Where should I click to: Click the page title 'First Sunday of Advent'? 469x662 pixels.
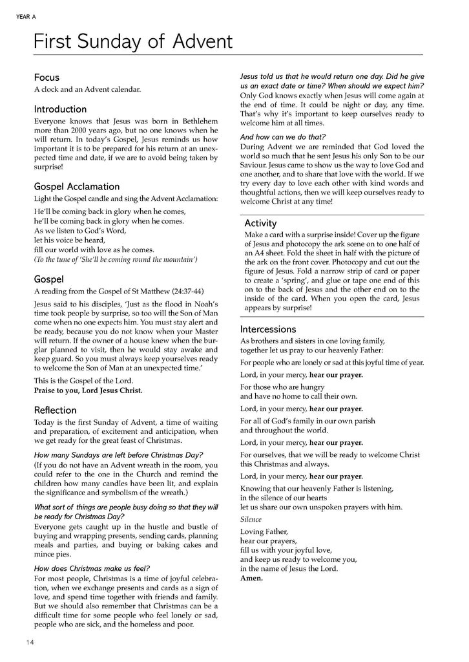click(x=133, y=42)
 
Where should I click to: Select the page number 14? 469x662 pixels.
click(x=30, y=642)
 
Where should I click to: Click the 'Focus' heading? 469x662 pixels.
click(x=47, y=78)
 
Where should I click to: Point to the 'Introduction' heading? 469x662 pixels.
click(x=60, y=109)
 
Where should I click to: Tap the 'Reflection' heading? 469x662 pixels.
click(x=55, y=410)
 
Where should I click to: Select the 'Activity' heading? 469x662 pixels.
click(x=260, y=224)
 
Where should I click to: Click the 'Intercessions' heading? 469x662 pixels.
click(x=268, y=329)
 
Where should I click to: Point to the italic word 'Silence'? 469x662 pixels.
click(x=251, y=519)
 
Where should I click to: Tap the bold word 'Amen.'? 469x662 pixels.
click(x=251, y=578)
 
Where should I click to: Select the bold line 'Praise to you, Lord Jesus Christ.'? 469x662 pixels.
click(x=89, y=390)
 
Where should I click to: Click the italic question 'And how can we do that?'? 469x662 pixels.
click(x=283, y=136)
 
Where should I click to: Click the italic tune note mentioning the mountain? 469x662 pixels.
click(x=116, y=260)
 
